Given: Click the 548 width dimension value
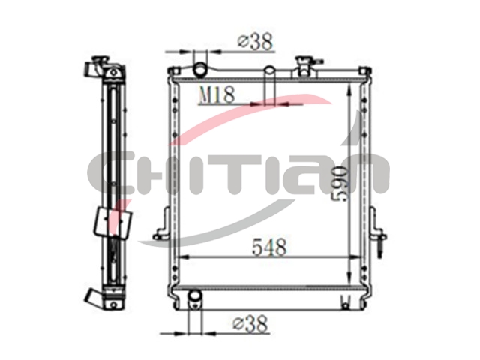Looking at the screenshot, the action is tap(269, 247).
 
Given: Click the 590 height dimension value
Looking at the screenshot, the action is tap(340, 184).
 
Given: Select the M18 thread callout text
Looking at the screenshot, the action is tap(217, 94).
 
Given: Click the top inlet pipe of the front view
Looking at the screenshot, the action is tap(200, 68).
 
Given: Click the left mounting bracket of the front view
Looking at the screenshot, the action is tap(162, 223).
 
